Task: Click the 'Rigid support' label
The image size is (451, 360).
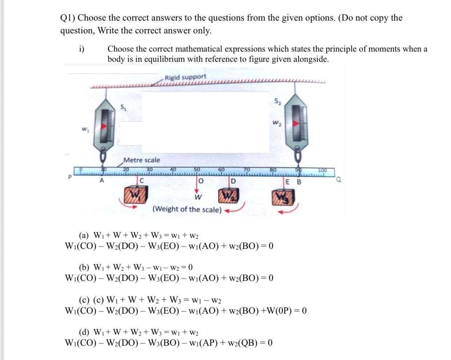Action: (x=185, y=77)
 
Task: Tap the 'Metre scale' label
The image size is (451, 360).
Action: (x=142, y=160)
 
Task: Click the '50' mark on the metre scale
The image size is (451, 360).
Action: (x=197, y=169)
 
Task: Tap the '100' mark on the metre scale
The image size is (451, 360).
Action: (x=323, y=170)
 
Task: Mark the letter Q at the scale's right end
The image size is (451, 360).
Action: (x=339, y=178)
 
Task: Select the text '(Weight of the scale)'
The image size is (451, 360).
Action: (x=187, y=209)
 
